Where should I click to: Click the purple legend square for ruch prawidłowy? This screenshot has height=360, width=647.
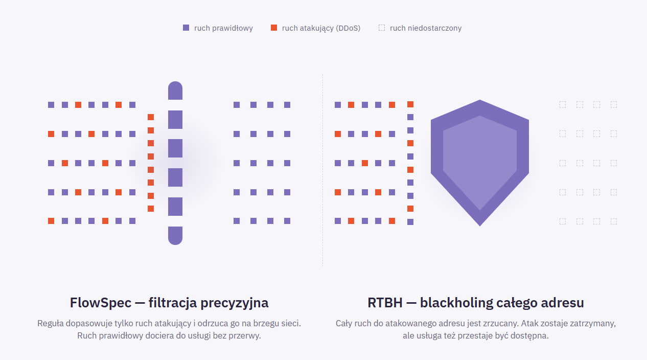[x=186, y=28]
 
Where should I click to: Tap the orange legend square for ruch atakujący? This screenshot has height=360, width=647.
[x=274, y=28]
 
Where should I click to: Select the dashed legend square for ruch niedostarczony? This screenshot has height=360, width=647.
[x=382, y=28]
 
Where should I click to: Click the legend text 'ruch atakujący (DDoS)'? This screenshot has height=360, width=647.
[x=321, y=28]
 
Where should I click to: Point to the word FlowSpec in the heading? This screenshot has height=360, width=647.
[x=101, y=303]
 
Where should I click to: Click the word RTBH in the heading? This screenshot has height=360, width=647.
[x=385, y=303]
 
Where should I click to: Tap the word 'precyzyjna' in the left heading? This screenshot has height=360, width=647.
[x=234, y=303]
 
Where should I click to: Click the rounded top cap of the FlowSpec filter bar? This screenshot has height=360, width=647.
[x=175, y=91]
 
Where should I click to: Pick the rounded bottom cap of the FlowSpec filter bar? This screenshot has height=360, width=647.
[x=175, y=236]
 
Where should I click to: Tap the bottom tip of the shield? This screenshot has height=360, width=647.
[x=480, y=226]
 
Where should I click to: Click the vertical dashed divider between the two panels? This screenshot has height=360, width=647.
[x=322, y=170]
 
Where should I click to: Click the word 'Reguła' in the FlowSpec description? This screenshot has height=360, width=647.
[x=50, y=323]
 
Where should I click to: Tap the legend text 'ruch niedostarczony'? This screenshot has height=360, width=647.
[x=426, y=28]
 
